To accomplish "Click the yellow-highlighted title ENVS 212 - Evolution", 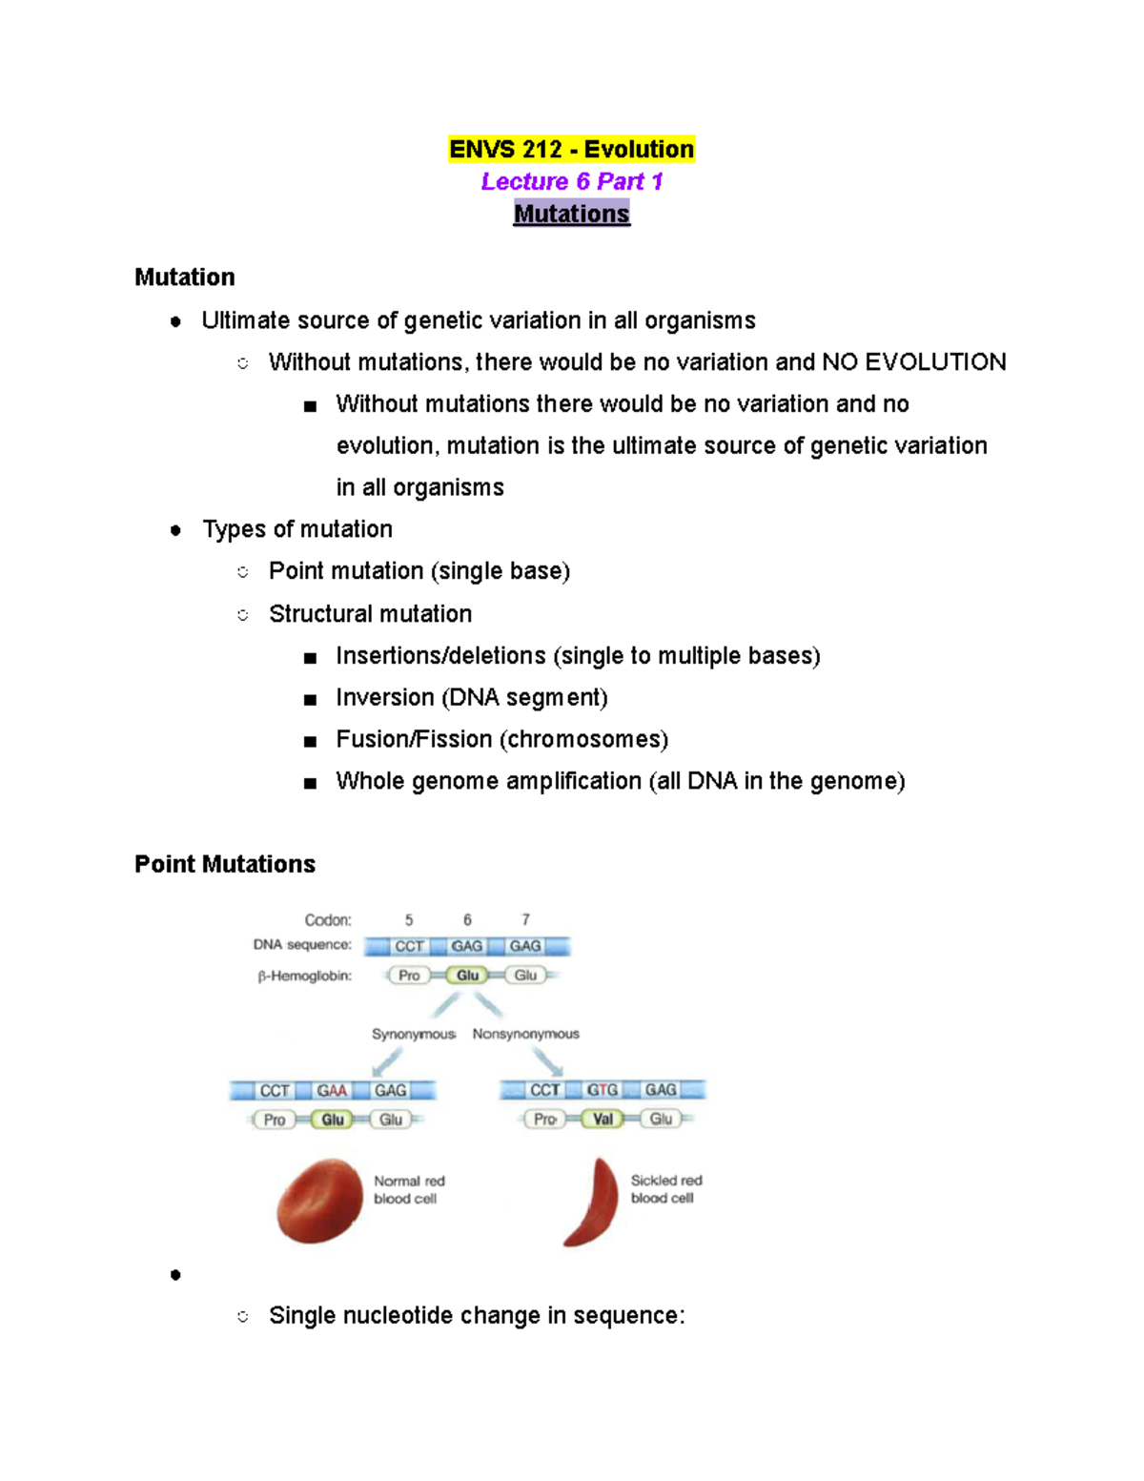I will (571, 150).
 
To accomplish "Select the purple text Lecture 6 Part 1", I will (571, 181).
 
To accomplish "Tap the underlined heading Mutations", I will (571, 214).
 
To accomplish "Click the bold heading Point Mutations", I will (225, 864).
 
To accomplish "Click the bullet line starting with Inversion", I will (471, 698).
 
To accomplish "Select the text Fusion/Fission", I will (414, 740).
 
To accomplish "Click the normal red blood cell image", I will (319, 1201).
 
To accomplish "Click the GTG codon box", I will (603, 1090).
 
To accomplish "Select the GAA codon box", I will (332, 1090).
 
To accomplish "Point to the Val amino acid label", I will (603, 1119).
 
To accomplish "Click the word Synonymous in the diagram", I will (413, 1034).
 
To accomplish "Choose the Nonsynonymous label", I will (525, 1034).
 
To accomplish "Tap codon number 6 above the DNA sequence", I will (467, 920).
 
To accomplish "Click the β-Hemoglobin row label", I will (304, 976).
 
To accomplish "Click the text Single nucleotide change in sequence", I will (477, 1316).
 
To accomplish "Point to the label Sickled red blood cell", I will (665, 1189).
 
